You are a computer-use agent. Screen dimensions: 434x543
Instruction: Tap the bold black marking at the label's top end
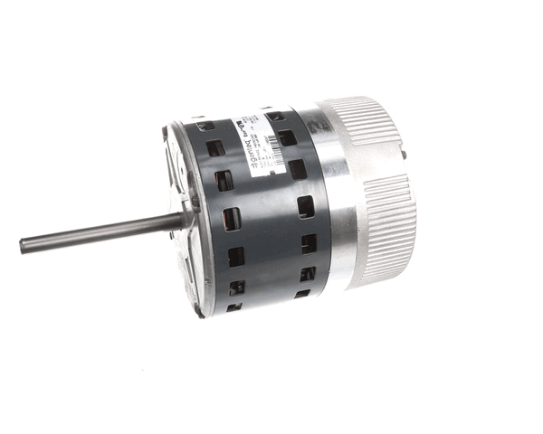pos(241,118)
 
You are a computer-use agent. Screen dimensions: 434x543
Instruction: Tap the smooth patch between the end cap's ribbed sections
pos(398,172)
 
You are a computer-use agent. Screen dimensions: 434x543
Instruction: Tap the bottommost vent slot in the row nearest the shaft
pos(236,288)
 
